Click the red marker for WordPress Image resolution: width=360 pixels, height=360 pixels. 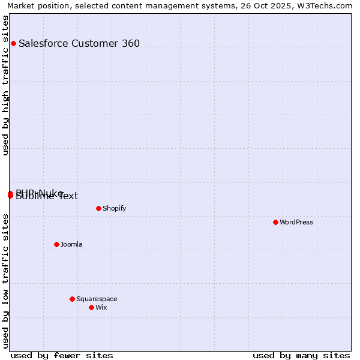click(275, 222)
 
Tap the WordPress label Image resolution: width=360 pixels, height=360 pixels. click(296, 222)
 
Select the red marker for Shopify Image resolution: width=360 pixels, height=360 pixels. click(98, 208)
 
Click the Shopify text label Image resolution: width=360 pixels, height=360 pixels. click(114, 208)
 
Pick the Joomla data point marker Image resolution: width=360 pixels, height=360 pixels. click(56, 244)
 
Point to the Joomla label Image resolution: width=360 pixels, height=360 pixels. click(71, 244)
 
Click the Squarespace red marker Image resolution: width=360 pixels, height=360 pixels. click(72, 299)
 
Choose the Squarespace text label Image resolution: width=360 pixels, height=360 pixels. click(97, 299)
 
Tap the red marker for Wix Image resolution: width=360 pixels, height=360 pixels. click(91, 307)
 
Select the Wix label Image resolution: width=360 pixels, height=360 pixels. click(101, 307)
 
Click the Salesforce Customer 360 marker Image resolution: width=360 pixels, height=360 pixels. click(13, 43)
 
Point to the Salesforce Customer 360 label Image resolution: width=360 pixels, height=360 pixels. click(79, 43)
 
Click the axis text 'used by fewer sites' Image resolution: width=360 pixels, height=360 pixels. click(62, 355)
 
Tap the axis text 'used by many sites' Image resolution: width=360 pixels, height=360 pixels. click(301, 355)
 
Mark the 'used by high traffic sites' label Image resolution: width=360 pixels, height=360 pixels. click(5, 85)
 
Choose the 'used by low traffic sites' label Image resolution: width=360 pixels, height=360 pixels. click(5, 281)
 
